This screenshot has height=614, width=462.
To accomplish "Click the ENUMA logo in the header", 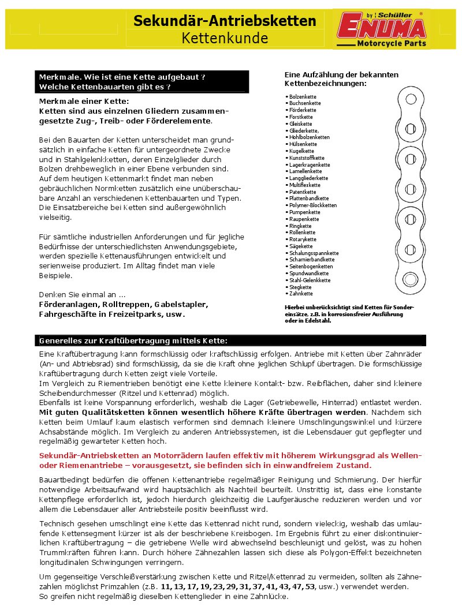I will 381,26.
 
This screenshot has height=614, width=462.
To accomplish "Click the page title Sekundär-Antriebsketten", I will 225,21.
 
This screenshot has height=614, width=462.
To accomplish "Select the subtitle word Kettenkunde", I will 225,38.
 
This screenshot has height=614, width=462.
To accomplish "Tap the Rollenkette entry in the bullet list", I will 303,233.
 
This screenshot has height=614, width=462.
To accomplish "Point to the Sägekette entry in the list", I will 301,246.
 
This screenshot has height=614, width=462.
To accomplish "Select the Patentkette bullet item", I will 303,192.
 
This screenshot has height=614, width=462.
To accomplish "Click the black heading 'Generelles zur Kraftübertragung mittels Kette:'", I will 133,340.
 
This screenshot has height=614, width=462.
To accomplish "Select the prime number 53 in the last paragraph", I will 311,586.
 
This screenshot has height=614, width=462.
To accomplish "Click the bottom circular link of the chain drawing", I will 409,277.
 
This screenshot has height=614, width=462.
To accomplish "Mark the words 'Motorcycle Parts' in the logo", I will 391,44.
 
